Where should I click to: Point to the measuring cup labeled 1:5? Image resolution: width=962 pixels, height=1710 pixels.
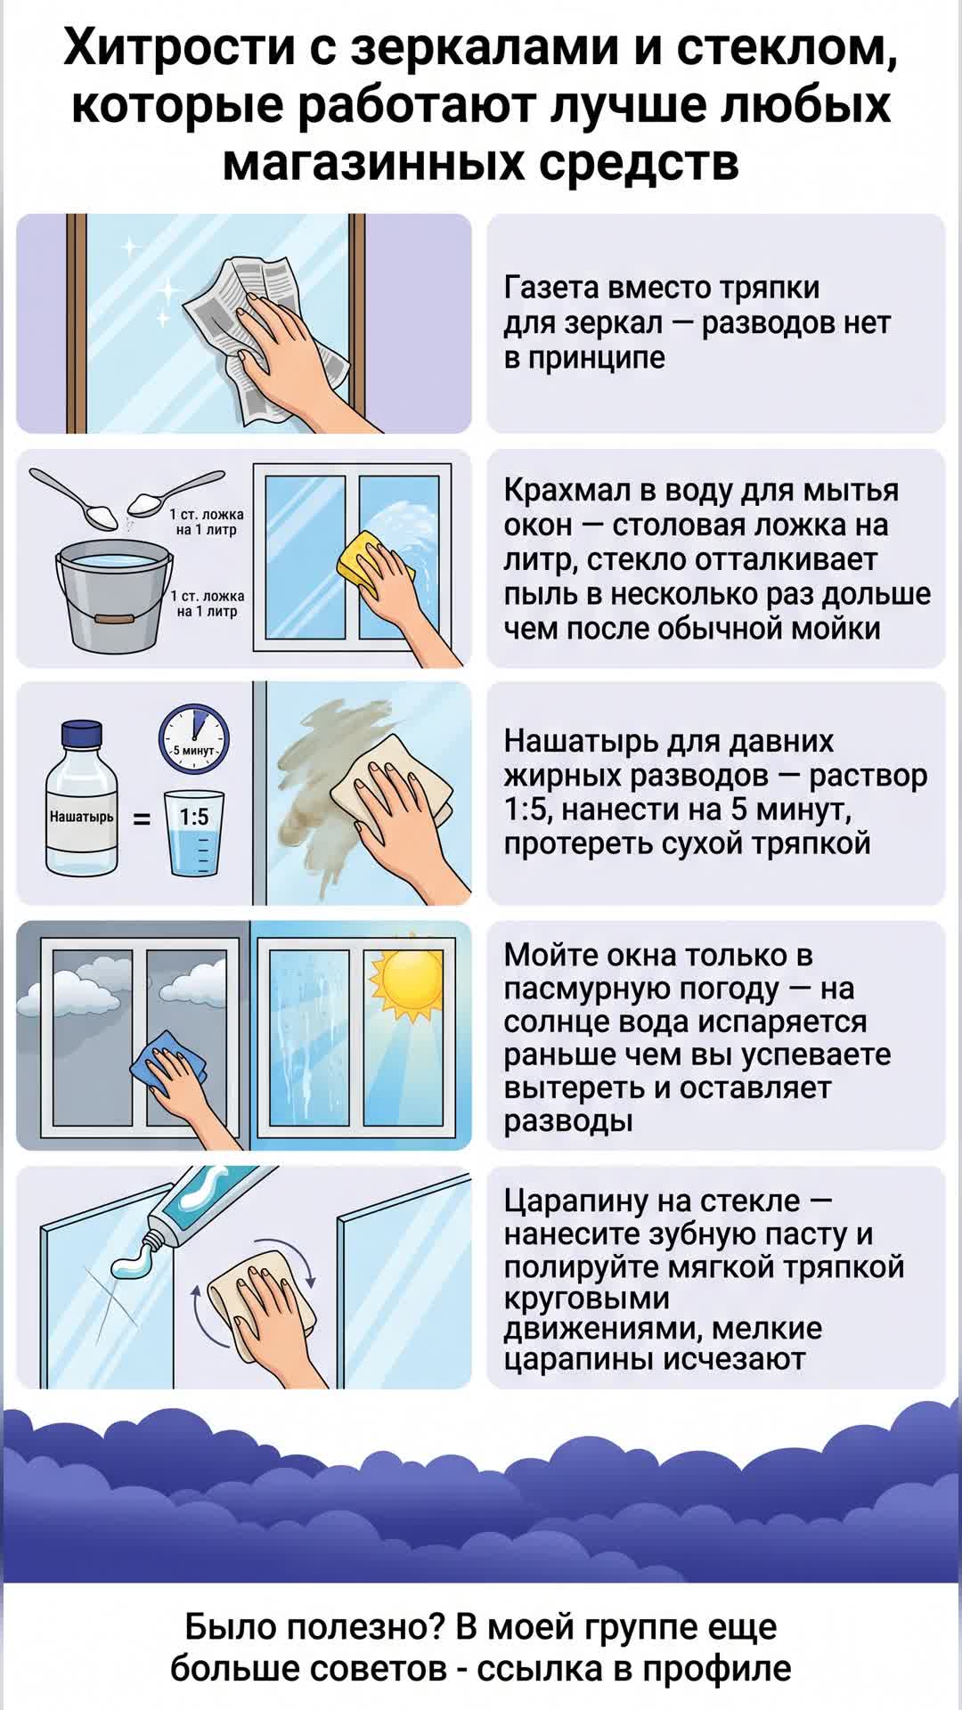tap(194, 833)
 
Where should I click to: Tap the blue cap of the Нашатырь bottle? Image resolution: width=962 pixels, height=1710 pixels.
tap(82, 735)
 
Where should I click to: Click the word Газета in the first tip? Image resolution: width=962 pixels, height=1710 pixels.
tap(552, 288)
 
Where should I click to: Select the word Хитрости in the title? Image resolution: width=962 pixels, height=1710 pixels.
tap(178, 49)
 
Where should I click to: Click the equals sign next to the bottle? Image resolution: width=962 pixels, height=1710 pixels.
tap(142, 818)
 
